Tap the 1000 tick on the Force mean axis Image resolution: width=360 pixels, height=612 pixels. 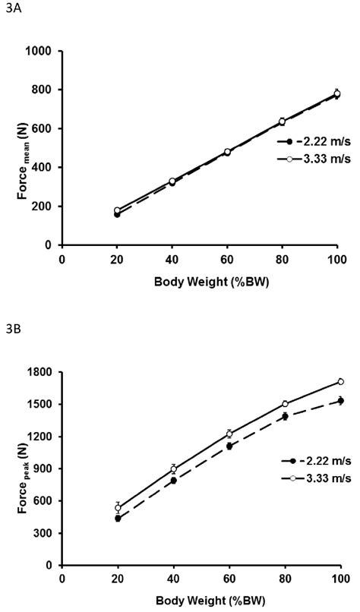(43, 51)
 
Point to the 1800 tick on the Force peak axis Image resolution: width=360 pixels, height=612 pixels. (43, 372)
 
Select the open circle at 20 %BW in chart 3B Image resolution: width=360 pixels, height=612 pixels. (118, 507)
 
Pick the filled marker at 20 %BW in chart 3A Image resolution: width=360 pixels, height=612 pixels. (117, 214)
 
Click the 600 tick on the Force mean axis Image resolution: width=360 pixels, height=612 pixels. (46, 128)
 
